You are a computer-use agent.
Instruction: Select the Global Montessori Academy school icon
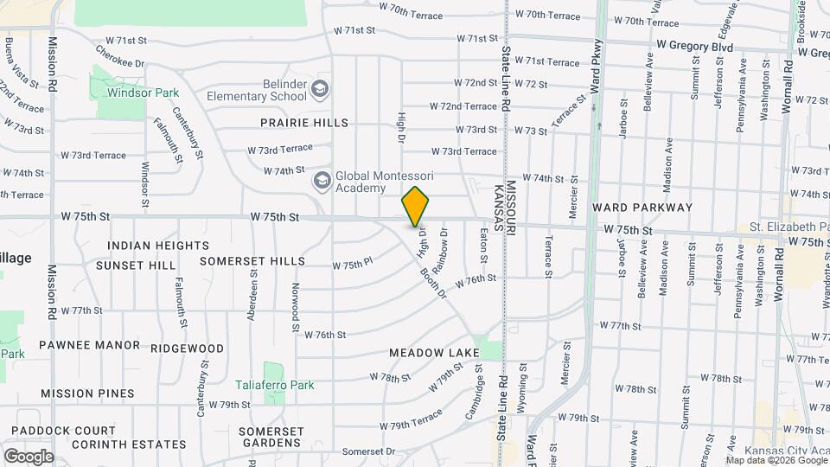tap(322, 181)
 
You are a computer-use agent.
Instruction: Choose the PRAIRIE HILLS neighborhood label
tap(304, 123)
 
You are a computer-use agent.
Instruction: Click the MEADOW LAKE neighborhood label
tap(434, 353)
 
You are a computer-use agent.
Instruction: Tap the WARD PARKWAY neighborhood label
tap(642, 208)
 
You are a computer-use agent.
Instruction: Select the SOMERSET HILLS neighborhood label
tap(252, 260)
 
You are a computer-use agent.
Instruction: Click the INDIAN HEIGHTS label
tap(158, 246)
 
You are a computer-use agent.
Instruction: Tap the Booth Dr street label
tap(433, 284)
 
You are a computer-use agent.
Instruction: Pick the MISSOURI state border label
tap(511, 208)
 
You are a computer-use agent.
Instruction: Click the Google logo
tap(29, 457)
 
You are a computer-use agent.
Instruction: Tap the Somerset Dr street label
tap(367, 451)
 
